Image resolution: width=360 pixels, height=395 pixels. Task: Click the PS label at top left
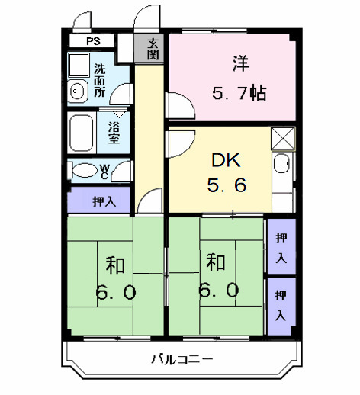tap(92, 41)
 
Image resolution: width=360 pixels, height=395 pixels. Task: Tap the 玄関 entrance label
tap(153, 49)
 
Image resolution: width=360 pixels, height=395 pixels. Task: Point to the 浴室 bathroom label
tap(114, 133)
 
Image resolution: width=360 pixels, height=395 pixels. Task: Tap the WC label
tap(104, 170)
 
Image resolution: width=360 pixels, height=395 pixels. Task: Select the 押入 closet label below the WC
tap(99, 201)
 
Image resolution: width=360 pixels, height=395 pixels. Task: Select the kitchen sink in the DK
tap(281, 162)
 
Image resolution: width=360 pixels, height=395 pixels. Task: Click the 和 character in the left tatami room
tap(115, 265)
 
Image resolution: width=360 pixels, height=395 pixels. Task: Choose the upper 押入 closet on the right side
tap(281, 246)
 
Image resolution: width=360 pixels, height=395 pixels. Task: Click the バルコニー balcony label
tap(181, 359)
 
